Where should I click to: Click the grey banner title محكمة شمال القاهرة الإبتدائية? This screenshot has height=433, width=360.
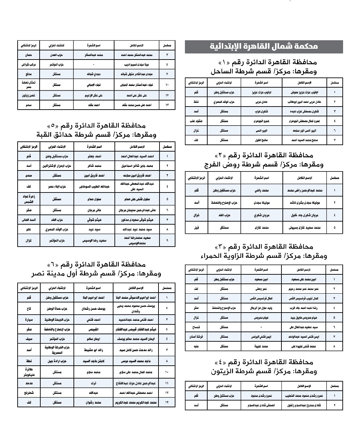(x=264, y=47)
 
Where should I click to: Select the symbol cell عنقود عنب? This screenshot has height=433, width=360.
(x=196, y=121)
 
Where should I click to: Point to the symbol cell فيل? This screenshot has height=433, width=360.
(x=196, y=228)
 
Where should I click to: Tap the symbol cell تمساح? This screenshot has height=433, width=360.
(x=196, y=327)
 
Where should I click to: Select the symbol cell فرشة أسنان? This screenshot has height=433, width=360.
(x=196, y=337)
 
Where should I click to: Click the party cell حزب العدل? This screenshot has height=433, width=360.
(x=56, y=54)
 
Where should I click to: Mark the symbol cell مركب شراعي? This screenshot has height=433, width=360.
(x=28, y=64)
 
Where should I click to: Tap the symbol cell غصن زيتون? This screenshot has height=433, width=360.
(x=28, y=95)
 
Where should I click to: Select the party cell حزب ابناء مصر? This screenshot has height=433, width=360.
(x=56, y=187)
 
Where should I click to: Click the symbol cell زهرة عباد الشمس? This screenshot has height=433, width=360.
(x=28, y=199)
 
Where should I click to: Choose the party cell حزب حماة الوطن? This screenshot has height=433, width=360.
(x=56, y=309)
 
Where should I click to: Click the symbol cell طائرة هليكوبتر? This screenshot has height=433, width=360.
(x=28, y=372)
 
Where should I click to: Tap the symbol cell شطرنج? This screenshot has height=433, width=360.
(x=28, y=393)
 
